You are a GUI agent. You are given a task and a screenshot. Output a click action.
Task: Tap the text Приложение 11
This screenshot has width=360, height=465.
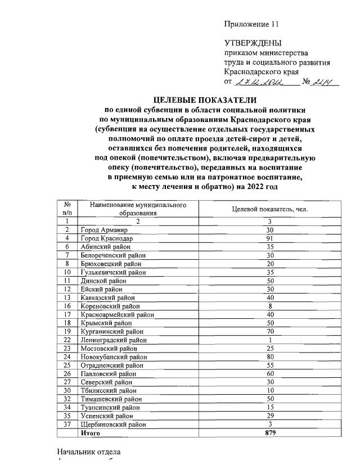pyautogui.click(x=251, y=24)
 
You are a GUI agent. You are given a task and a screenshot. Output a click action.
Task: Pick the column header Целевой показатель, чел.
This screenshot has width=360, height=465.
pyautogui.click(x=270, y=209)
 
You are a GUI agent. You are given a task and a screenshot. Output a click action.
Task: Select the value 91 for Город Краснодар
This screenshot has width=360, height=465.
pyautogui.click(x=270, y=238)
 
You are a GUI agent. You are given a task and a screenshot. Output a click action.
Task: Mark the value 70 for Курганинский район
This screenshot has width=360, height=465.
pyautogui.click(x=270, y=332)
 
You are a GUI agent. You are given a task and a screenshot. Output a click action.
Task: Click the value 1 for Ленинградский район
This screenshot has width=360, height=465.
pyautogui.click(x=270, y=340)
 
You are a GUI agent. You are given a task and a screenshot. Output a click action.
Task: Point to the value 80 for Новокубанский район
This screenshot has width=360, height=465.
pyautogui.click(x=270, y=357)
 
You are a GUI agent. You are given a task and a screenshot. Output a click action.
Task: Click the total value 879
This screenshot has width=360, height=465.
pyautogui.click(x=270, y=434)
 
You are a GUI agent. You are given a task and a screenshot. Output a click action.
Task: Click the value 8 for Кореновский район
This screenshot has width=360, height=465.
pyautogui.click(x=270, y=306)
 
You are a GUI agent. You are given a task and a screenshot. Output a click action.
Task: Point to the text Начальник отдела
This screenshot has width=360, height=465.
pyautogui.click(x=88, y=452)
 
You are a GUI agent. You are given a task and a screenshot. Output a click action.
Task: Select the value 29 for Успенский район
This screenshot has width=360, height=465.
pyautogui.click(x=270, y=416)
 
